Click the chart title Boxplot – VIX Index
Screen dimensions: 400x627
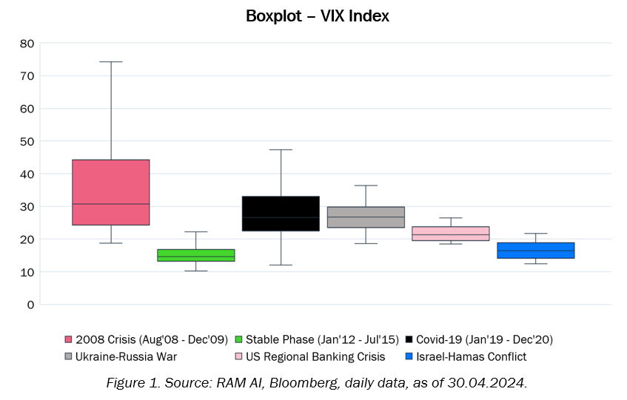pos(317,16)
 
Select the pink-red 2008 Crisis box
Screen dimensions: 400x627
pos(111,192)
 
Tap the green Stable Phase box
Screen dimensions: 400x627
pos(195,255)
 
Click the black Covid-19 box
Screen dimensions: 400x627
pos(281,214)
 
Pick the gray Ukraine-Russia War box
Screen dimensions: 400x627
pos(366,217)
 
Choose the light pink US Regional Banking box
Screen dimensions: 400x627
pos(451,234)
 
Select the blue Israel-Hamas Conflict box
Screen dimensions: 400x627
pos(535,251)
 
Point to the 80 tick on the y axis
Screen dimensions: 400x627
pos(27,43)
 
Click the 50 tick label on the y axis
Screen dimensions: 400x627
pos(27,141)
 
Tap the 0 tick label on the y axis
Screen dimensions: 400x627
pos(30,305)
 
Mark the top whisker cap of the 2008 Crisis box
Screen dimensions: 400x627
pos(111,61)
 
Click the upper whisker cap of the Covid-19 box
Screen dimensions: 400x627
pos(281,149)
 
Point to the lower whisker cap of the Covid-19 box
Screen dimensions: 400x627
pos(281,265)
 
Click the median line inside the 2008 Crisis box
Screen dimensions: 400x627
pos(111,204)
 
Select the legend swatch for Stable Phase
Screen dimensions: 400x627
pos(238,339)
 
